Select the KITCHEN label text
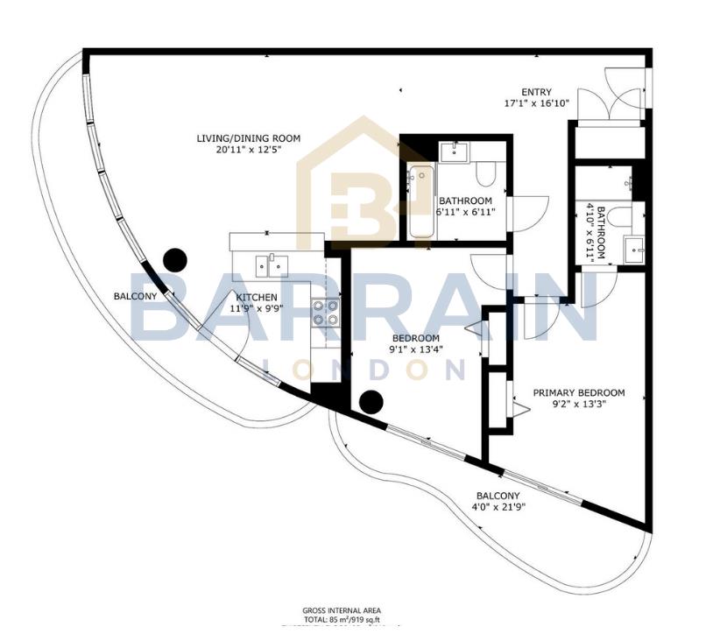point(256,298)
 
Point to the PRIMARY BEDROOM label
point(579,392)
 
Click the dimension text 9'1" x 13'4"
point(416,349)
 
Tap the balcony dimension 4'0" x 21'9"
point(498,506)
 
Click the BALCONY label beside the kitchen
point(135,296)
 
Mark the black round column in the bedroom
point(371,402)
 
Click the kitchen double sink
point(272,262)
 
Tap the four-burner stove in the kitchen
point(327,313)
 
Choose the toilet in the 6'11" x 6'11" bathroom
point(487,172)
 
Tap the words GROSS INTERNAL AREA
point(341,610)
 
